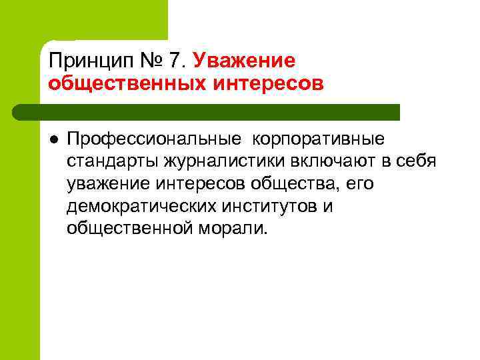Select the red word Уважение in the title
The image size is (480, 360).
(x=243, y=62)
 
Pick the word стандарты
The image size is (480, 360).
(x=111, y=161)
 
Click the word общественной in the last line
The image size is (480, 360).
(x=128, y=228)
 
